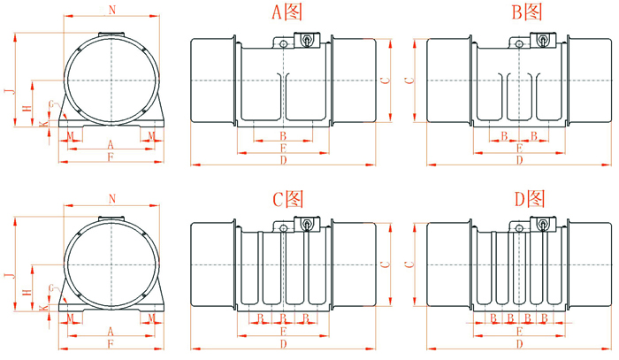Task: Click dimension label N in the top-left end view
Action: point(111,10)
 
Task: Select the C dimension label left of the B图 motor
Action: point(408,80)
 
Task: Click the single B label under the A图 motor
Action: point(282,135)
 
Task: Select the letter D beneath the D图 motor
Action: point(519,343)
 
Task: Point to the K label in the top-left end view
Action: point(42,125)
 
